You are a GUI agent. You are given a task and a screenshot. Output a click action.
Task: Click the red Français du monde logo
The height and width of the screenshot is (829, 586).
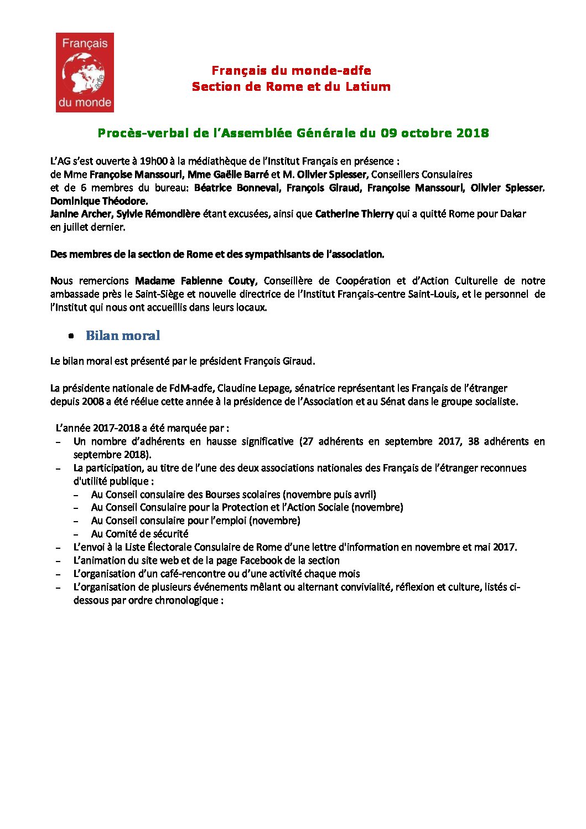click(85, 73)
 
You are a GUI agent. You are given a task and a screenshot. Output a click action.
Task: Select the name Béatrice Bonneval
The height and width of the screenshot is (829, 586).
click(237, 188)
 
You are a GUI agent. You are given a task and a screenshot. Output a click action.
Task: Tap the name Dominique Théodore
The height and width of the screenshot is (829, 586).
click(98, 202)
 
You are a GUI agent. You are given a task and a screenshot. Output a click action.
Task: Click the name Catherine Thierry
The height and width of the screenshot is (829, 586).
click(354, 214)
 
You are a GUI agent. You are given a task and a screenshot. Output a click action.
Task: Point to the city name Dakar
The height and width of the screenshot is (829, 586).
click(513, 214)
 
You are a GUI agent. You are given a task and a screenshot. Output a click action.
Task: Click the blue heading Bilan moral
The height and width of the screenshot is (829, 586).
click(123, 336)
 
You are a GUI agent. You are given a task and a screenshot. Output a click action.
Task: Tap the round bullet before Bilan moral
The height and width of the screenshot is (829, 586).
click(71, 336)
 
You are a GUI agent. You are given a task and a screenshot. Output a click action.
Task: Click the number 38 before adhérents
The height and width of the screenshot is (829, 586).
click(473, 442)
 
